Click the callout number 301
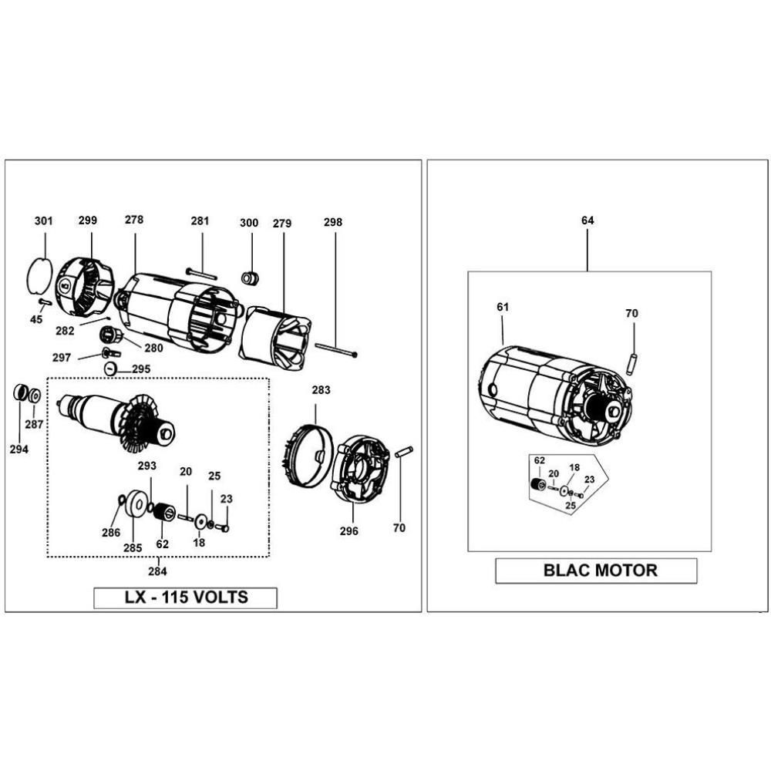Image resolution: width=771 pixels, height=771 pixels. [44, 221]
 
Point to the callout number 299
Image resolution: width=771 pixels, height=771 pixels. [88, 221]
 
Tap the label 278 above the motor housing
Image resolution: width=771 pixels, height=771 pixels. [134, 220]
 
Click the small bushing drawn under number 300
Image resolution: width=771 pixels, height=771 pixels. [249, 276]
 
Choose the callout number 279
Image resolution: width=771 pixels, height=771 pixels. [282, 224]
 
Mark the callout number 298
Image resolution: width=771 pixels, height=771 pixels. [333, 222]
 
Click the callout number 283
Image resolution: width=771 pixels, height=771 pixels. [321, 390]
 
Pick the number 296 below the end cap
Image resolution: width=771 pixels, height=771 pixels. [348, 531]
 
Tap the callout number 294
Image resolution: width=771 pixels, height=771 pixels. [20, 449]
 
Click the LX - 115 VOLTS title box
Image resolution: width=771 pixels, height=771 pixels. [185, 598]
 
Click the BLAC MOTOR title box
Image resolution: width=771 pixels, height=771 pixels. [595, 571]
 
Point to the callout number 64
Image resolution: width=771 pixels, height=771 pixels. [588, 221]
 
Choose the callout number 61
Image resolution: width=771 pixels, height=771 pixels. [503, 307]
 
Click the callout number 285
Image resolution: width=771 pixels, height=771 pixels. [133, 547]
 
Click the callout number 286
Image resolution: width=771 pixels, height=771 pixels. [111, 532]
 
